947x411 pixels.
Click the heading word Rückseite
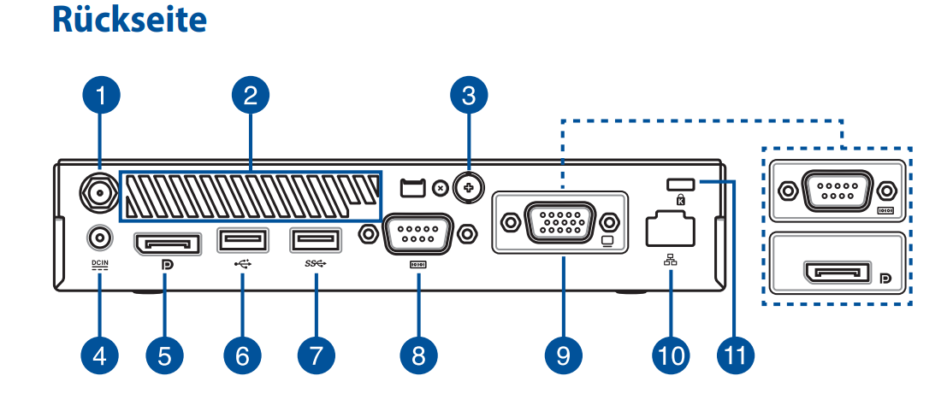(129, 21)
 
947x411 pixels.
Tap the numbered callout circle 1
(100, 96)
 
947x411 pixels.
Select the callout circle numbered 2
(250, 96)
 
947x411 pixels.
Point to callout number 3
(468, 96)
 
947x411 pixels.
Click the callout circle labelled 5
(164, 354)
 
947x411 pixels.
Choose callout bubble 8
(417, 354)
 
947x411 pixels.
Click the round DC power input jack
(100, 235)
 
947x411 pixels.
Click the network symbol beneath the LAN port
(669, 262)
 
